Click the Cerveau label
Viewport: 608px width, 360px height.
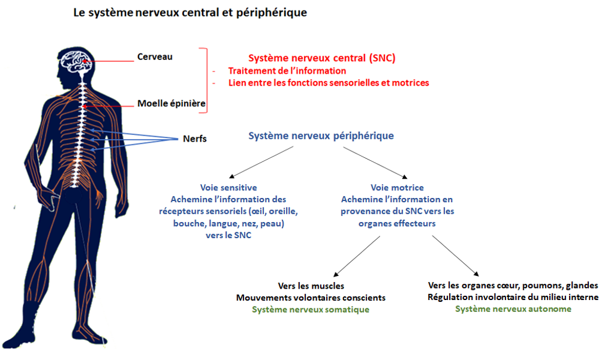[x=154, y=57]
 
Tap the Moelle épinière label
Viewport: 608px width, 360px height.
[x=171, y=103]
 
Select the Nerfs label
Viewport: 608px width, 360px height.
[x=194, y=139]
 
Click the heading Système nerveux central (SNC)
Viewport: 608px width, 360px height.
[x=321, y=58]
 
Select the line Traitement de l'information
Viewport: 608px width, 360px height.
[x=287, y=71]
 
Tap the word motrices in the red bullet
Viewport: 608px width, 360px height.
[x=410, y=83]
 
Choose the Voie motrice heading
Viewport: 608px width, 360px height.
[x=397, y=187]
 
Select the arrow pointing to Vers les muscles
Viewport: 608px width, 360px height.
[x=357, y=256]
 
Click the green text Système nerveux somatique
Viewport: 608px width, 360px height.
[x=311, y=310]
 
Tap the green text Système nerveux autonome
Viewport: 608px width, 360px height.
[x=513, y=309]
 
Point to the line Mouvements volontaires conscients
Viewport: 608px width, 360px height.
[x=311, y=298]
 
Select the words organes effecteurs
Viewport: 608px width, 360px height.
[x=397, y=223]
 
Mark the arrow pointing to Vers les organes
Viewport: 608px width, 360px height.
[x=456, y=256]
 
